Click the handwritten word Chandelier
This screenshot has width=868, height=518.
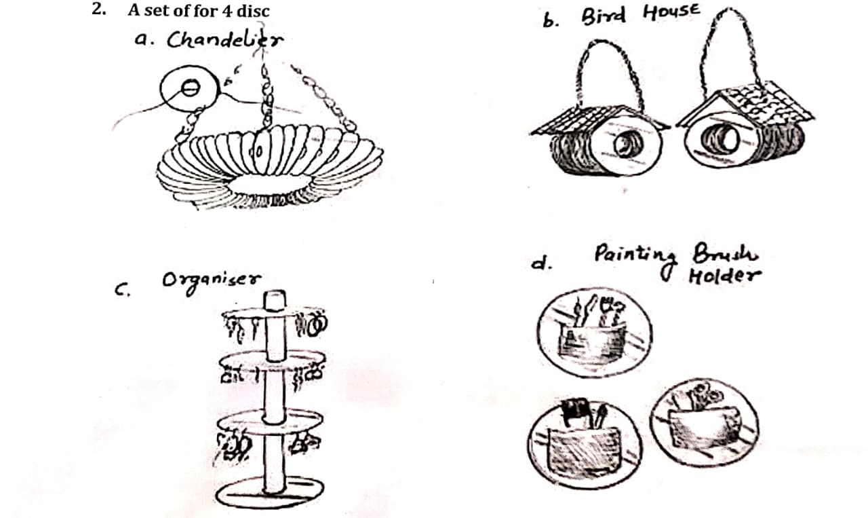(x=224, y=39)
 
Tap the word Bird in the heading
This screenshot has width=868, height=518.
(x=604, y=17)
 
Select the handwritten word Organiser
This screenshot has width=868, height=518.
(x=211, y=281)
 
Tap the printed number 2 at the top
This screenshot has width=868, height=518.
(x=98, y=10)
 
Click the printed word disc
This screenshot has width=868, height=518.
(x=253, y=11)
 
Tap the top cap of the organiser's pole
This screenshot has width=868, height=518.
(x=275, y=301)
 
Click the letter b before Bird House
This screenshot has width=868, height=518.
(x=549, y=20)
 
